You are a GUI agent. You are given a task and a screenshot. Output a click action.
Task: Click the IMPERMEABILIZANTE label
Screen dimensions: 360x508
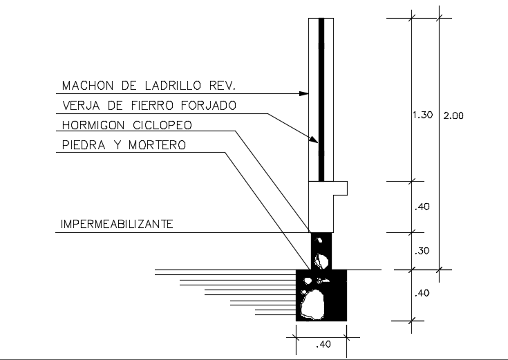[117, 224]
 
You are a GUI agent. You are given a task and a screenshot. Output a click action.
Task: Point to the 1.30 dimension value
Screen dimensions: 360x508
[422, 115]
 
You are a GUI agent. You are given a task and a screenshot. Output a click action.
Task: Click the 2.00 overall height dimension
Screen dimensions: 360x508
[453, 115]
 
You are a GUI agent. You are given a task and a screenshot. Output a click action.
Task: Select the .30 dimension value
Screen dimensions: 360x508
[422, 252]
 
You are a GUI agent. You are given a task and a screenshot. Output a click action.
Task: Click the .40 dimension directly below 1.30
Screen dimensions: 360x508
[422, 206]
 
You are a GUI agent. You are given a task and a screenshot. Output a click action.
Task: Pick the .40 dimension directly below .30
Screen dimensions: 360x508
[422, 293]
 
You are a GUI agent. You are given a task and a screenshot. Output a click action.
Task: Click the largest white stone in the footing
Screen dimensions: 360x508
[314, 303]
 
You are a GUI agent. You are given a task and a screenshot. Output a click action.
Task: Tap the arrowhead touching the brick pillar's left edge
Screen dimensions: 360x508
[304, 93]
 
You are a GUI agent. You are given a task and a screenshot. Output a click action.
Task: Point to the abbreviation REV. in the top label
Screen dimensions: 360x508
[223, 86]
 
